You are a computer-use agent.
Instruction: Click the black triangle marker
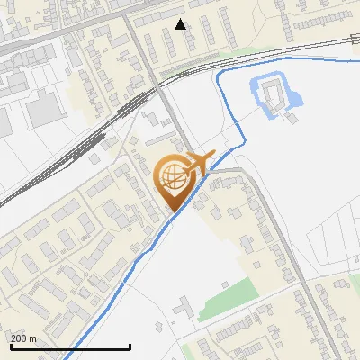tap(181, 24)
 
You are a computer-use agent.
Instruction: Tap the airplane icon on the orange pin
tap(198, 162)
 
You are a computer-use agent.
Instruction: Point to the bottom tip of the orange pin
tap(174, 211)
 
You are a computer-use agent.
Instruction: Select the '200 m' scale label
tap(23, 338)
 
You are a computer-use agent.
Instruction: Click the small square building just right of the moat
tap(294, 115)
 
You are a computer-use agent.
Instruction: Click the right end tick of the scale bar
tap(130, 346)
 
